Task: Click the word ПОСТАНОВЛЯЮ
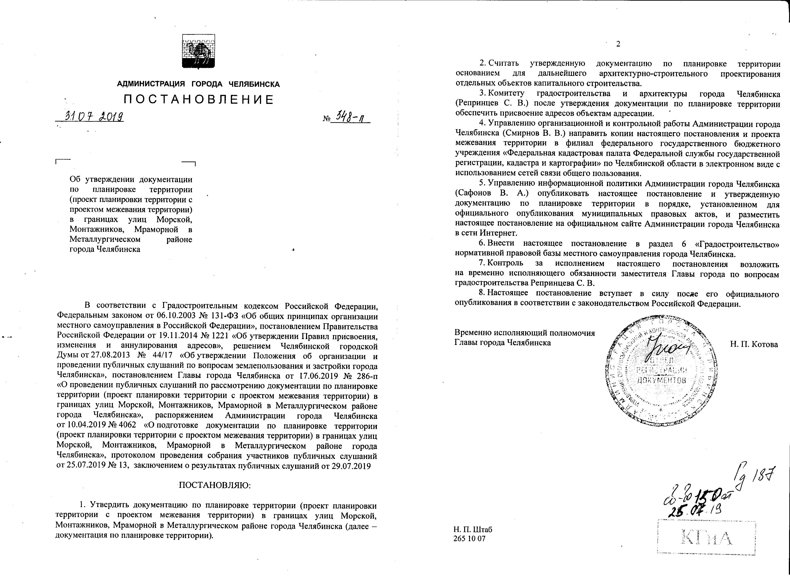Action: [x=215, y=485]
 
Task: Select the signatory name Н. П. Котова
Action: [x=754, y=344]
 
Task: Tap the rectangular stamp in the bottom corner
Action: [x=707, y=537]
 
